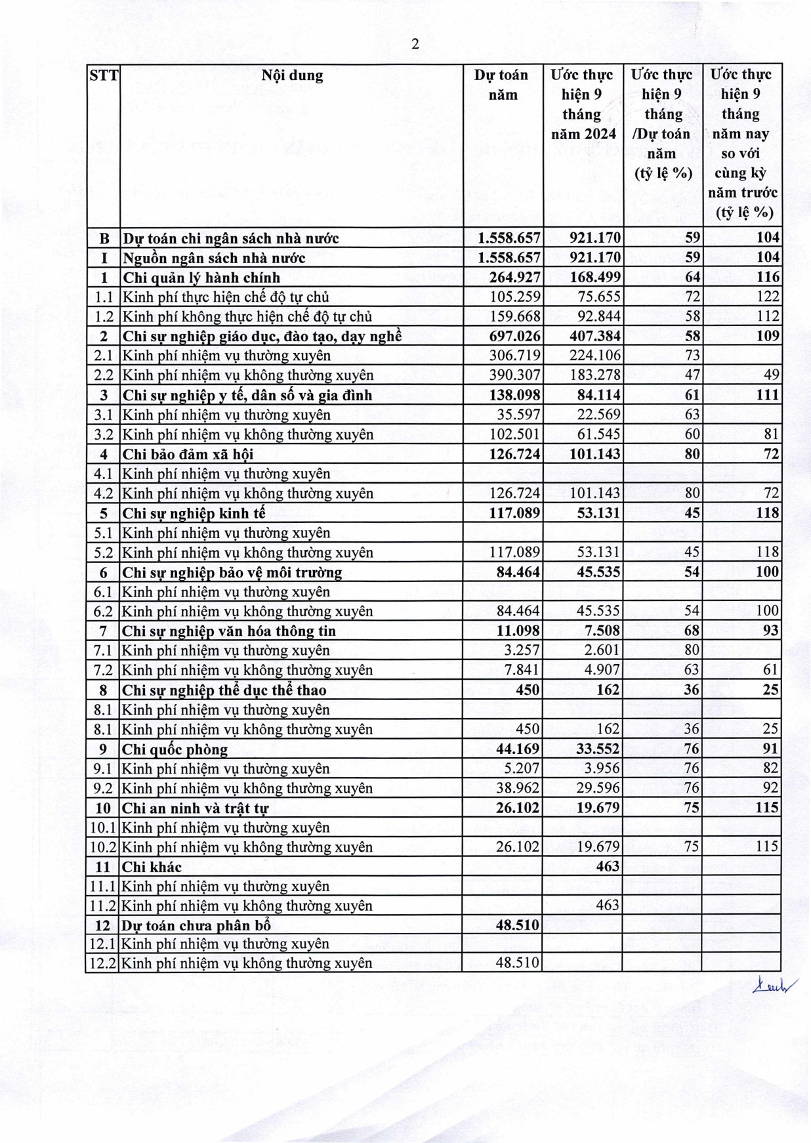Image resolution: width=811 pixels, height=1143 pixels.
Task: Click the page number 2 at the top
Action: pyautogui.click(x=415, y=45)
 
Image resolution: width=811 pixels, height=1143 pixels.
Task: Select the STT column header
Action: pyautogui.click(x=104, y=75)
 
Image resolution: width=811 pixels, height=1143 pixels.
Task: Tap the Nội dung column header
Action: pyautogui.click(x=292, y=75)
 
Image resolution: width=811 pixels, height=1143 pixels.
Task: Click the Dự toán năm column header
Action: pyautogui.click(x=501, y=85)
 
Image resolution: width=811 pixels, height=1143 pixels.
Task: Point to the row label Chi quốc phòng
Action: pyautogui.click(x=175, y=749)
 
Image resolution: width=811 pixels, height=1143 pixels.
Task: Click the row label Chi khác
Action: pyautogui.click(x=152, y=867)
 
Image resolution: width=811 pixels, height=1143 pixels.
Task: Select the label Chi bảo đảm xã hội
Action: pyautogui.click(x=188, y=454)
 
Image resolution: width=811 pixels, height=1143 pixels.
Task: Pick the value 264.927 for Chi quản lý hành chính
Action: pyautogui.click(x=515, y=277)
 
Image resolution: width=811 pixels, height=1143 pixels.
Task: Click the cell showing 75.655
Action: pyautogui.click(x=598, y=297)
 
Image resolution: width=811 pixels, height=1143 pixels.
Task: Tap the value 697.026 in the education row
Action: pyautogui.click(x=515, y=336)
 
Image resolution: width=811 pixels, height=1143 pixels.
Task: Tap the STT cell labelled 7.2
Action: pyautogui.click(x=104, y=670)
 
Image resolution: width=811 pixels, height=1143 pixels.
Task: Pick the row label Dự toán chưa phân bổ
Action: pyautogui.click(x=196, y=925)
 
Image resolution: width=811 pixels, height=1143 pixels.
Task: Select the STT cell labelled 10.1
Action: pyautogui.click(x=104, y=827)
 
